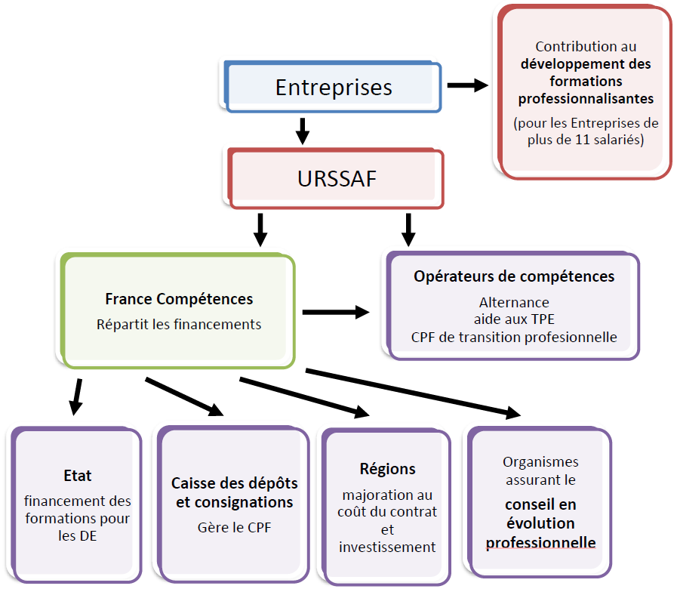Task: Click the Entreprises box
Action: [333, 87]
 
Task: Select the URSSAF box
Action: [336, 179]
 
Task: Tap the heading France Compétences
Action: [179, 299]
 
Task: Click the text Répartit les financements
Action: [179, 325]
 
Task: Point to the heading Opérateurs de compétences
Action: [514, 276]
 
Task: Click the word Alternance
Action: [514, 303]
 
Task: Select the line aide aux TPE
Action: [514, 319]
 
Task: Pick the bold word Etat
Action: [78, 476]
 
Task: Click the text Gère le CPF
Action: [234, 527]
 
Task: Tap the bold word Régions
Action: [387, 469]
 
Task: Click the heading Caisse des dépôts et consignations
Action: [234, 492]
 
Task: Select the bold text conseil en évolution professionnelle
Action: [540, 523]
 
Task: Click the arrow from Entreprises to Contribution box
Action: [468, 85]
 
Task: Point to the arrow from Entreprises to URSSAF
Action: [303, 130]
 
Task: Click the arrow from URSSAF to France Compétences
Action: [260, 230]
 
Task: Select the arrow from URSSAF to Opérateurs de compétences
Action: [408, 230]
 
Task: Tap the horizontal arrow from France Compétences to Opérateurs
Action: [336, 312]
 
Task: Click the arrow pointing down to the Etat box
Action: [75, 397]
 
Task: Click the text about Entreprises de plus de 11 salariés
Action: [586, 131]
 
